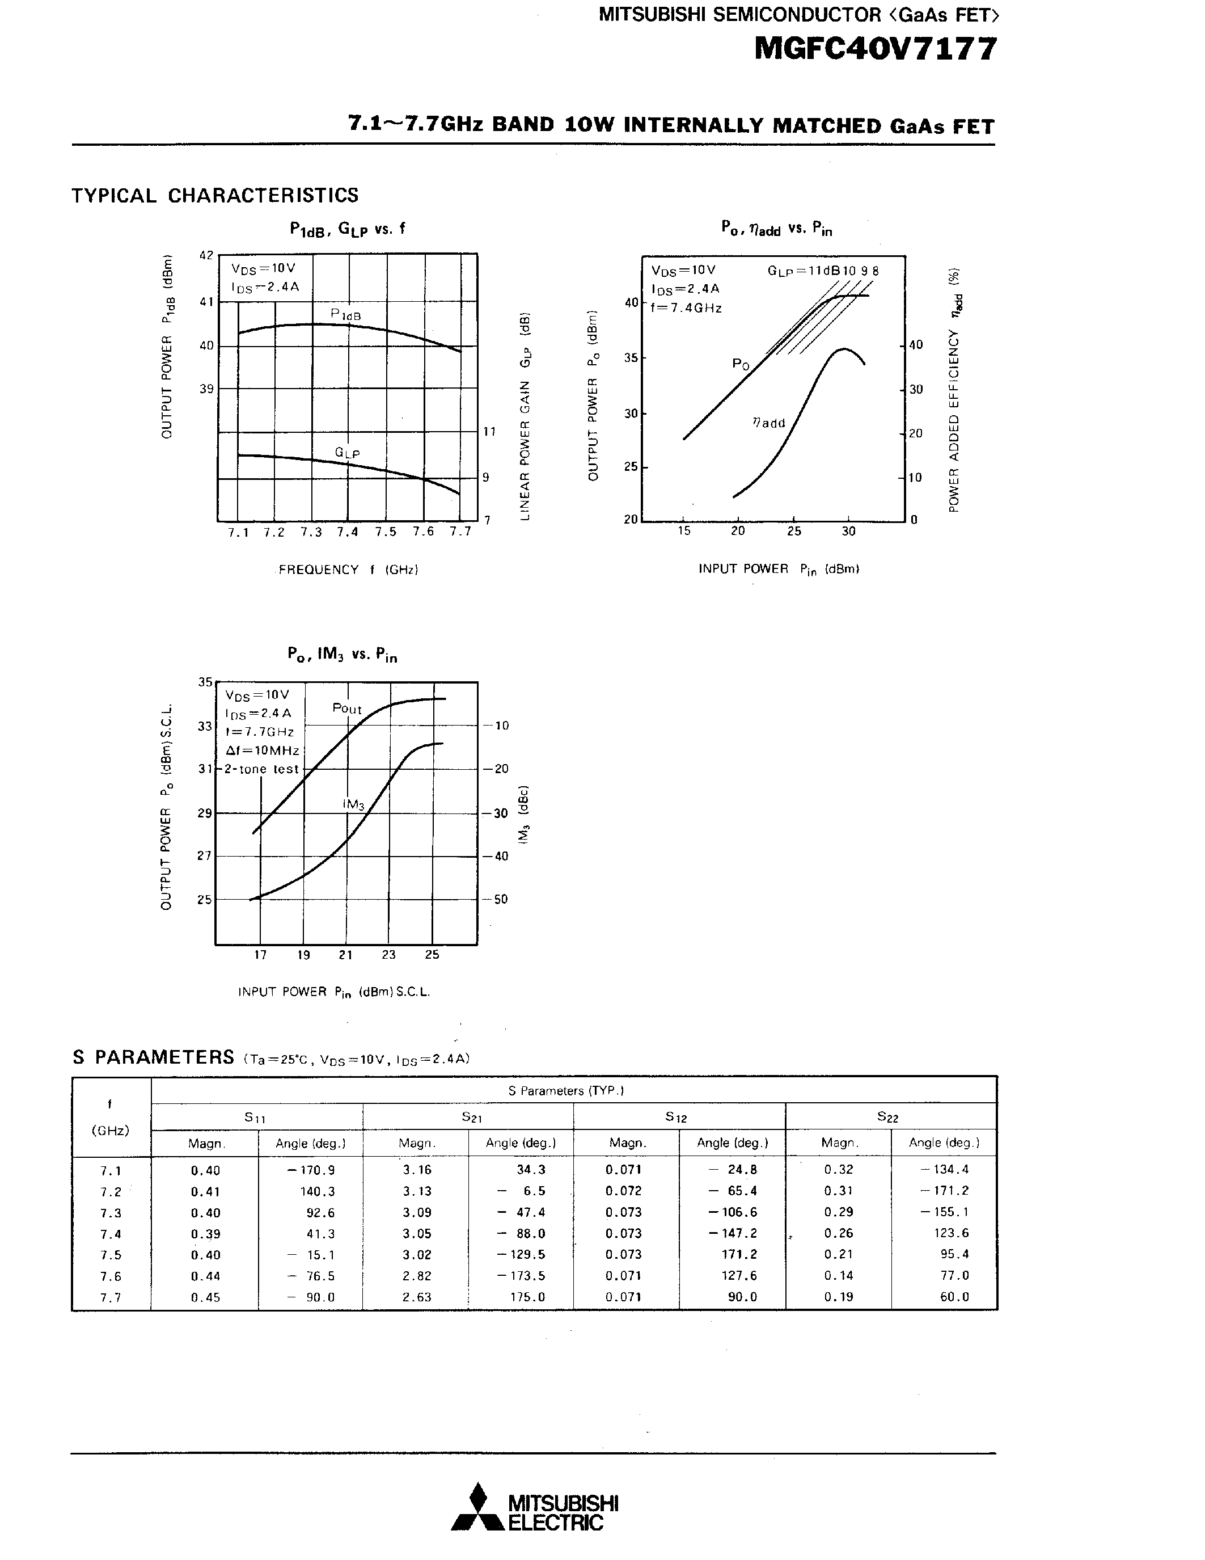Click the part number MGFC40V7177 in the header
click(875, 50)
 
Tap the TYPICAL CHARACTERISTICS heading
click(215, 196)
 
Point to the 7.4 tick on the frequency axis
click(348, 532)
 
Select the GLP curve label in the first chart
click(347, 453)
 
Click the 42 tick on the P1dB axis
click(206, 256)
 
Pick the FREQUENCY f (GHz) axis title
click(348, 570)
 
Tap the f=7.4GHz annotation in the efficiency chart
click(686, 309)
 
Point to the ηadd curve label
click(769, 423)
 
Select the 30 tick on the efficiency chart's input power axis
click(848, 532)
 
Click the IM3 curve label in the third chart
click(353, 805)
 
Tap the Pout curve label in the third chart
click(347, 709)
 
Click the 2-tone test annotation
click(261, 769)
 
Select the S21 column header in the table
click(471, 1117)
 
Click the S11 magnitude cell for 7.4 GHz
click(206, 1234)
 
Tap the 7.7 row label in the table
click(111, 1297)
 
